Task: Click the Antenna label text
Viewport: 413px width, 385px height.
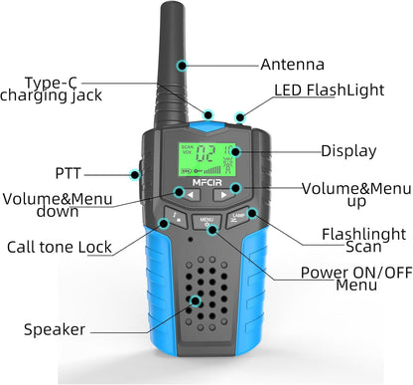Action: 292,65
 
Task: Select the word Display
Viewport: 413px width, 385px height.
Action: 347,152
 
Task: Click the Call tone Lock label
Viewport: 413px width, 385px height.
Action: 59,247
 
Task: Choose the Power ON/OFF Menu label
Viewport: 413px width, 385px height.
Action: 344,279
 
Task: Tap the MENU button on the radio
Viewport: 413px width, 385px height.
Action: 206,221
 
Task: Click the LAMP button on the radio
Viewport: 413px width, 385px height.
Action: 238,217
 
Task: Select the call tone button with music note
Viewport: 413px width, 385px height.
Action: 175,216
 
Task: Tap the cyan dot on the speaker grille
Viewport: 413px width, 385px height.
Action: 196,299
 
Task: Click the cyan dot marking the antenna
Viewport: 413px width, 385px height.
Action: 182,65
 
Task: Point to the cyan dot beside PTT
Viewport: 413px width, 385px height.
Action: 136,173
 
